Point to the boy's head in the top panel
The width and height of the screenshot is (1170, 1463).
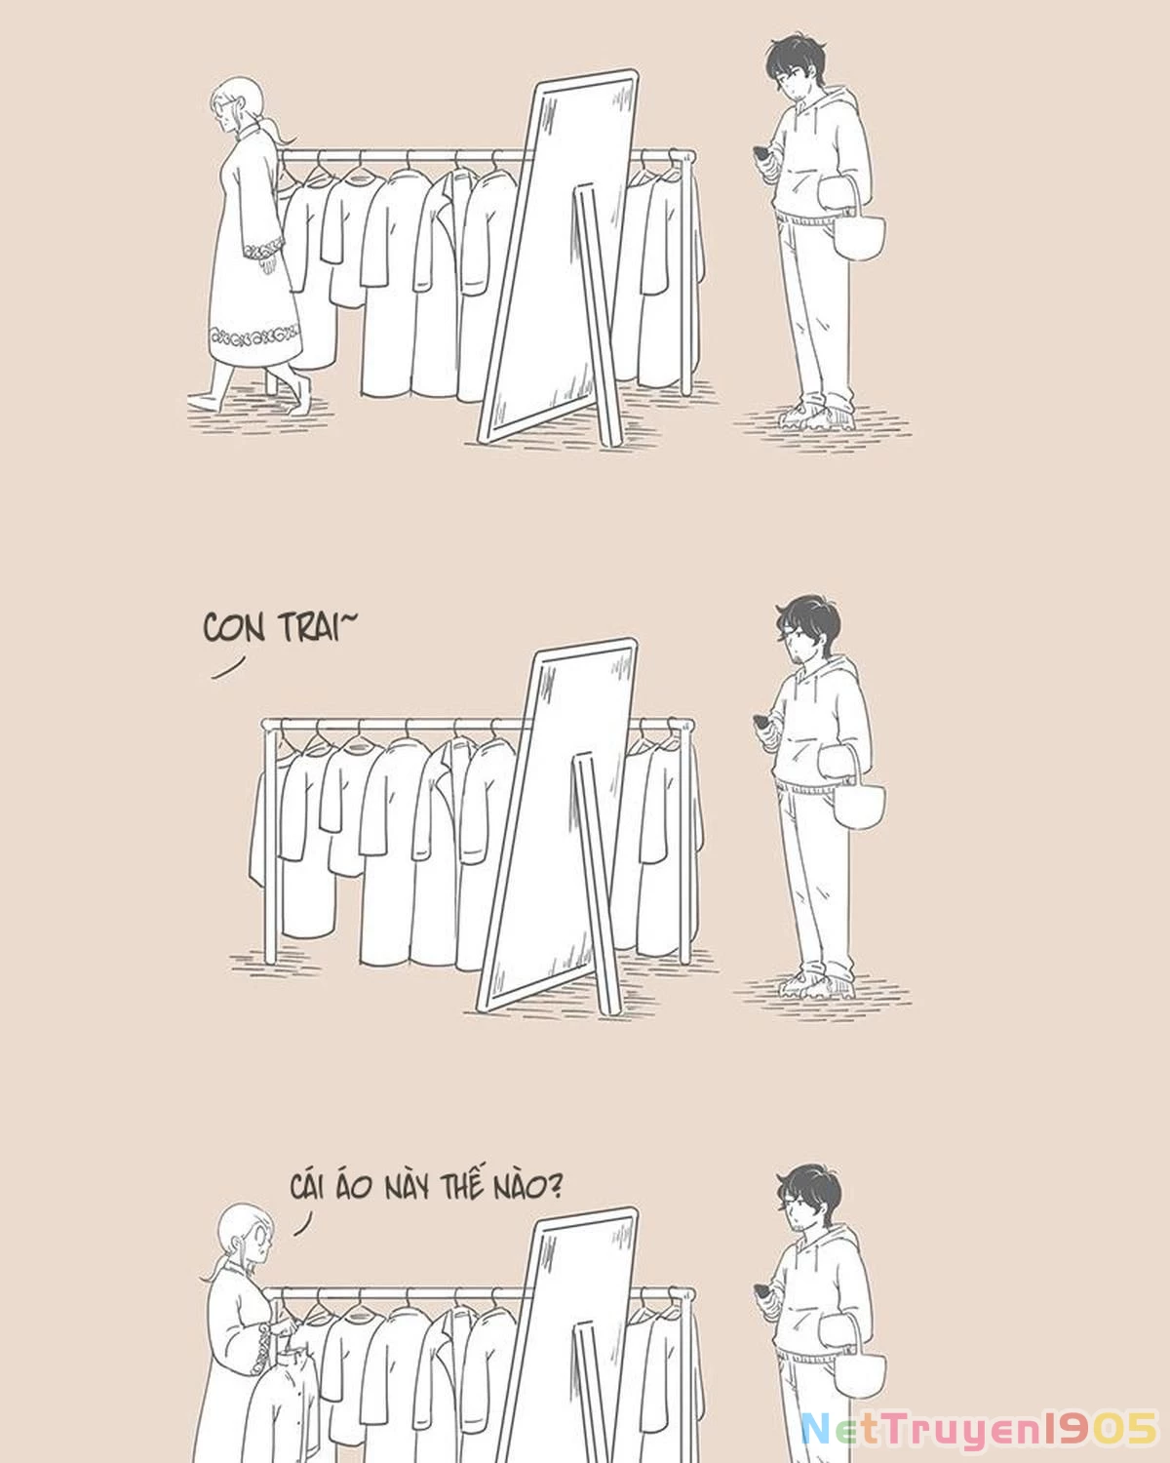coord(797,70)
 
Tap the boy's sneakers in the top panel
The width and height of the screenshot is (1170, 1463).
coord(817,415)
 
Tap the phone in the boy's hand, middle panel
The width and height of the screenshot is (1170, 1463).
coord(762,724)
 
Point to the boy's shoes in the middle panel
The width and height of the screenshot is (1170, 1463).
coord(817,984)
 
